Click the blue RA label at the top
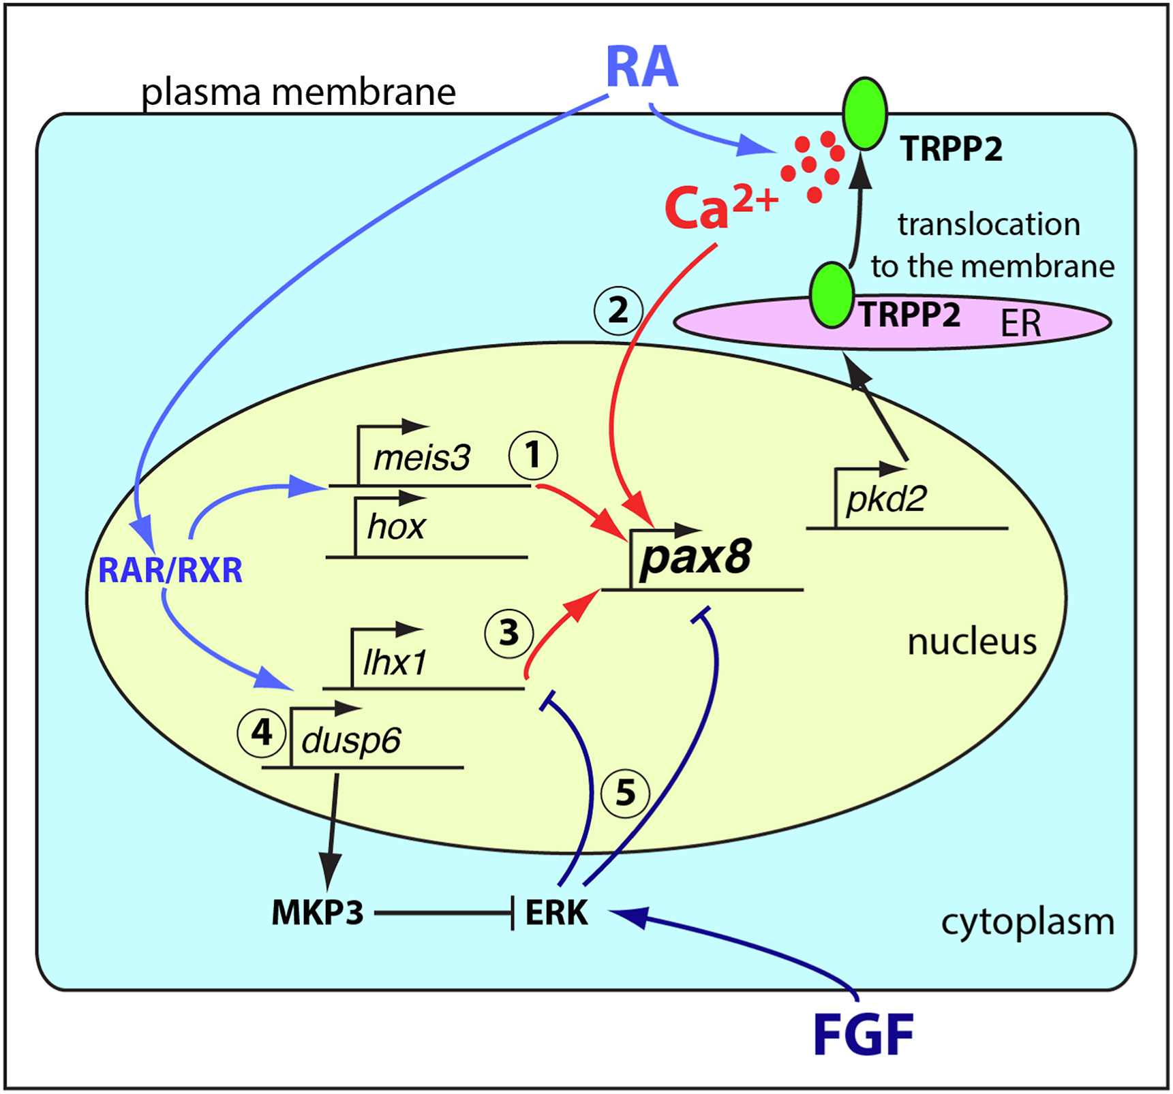pos(641,67)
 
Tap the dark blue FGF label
pos(863,1035)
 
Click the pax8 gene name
pos(695,557)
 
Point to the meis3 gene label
pos(421,457)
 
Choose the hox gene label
pos(396,527)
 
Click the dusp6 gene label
pos(350,740)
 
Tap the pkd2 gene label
pos(886,499)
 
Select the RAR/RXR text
pos(170,571)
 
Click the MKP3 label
pos(318,913)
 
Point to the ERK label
pos(556,913)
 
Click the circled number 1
pos(533,455)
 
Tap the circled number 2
pos(618,311)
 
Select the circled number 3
pos(509,634)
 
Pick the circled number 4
pos(262,733)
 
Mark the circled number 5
pos(625,793)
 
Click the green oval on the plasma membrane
pos(865,114)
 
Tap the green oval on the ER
pos(832,296)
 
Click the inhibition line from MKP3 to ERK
pos(443,913)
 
